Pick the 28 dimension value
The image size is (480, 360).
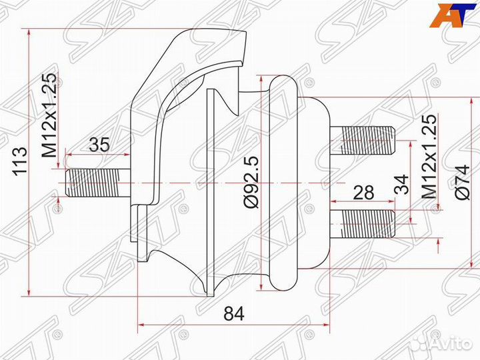pyautogui.click(x=363, y=193)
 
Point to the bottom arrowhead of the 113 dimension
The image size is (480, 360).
pyautogui.click(x=29, y=292)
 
